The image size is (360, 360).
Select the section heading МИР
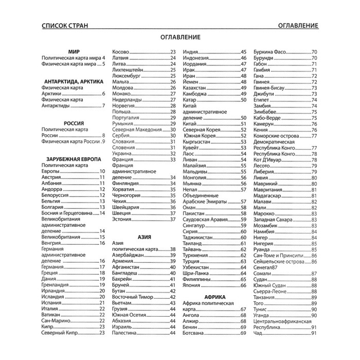pyautogui.click(x=74, y=51)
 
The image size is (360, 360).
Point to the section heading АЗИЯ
pyautogui.click(x=145, y=238)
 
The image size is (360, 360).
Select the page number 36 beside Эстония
pyautogui.click(x=173, y=220)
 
